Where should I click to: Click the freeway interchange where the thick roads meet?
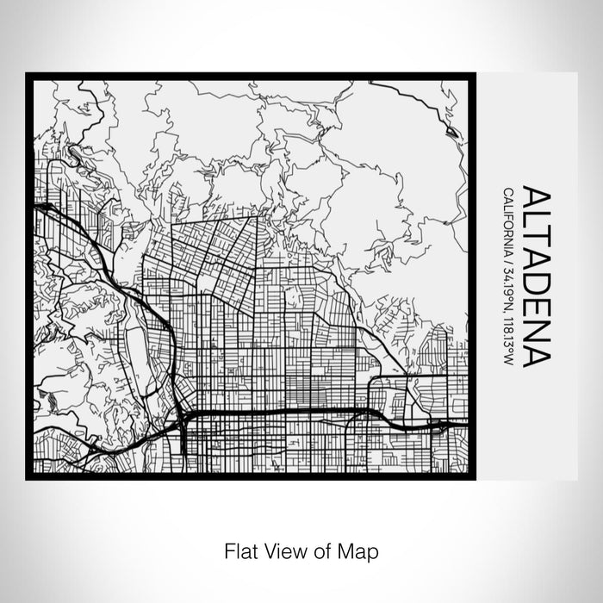[182, 415]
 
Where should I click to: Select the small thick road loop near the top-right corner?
[453, 130]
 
